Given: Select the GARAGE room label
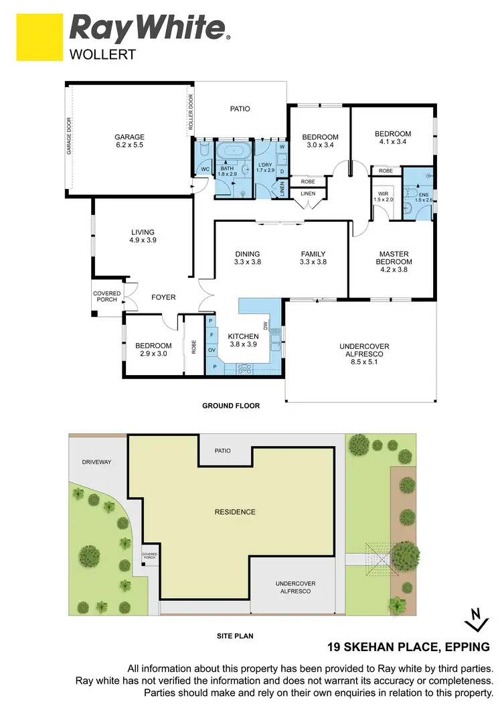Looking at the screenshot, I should pos(129,137).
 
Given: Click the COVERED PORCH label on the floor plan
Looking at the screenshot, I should pos(106,296).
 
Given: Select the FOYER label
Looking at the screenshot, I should pos(163,297).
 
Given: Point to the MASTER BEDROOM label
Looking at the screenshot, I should pos(394,257).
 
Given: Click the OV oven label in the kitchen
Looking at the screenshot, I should pos(212,350).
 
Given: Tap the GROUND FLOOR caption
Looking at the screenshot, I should pos(231,406).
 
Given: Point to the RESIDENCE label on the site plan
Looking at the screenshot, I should pos(234,512).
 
